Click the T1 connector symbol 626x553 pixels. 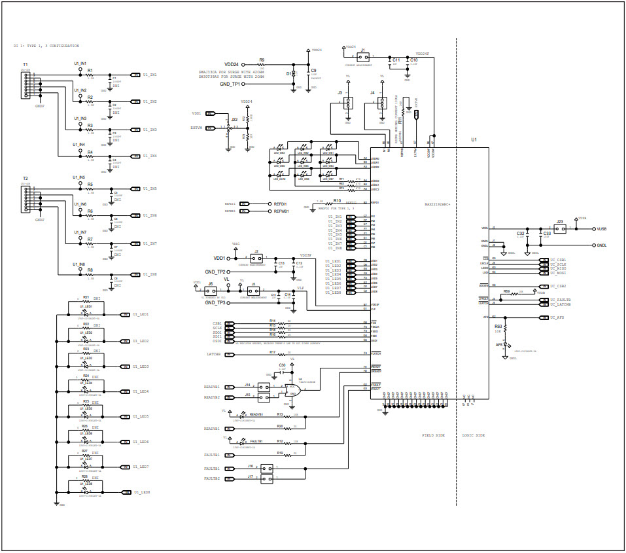26,85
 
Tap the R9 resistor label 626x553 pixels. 262,60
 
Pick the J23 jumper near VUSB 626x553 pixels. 560,228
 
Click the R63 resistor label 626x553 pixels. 498,326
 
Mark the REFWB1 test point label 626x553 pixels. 281,211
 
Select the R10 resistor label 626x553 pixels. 337,200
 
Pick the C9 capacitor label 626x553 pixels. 314,70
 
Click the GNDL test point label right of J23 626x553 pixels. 602,245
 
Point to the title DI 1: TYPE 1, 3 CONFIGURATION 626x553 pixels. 46,46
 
